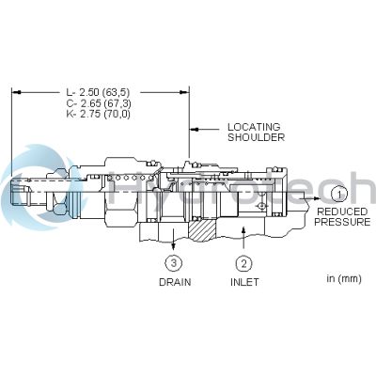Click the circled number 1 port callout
coord(338,195)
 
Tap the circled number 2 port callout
coord(243,263)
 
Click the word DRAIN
coord(175,282)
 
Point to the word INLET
coord(244,282)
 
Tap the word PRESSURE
coord(342,222)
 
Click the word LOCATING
coord(254,127)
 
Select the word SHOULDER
coord(256,137)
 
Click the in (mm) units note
coord(344,278)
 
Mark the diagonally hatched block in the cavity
coord(202,231)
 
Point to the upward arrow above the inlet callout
coord(243,238)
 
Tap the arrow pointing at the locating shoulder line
coord(205,129)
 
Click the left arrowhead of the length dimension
coord(17,92)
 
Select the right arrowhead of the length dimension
coord(184,92)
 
